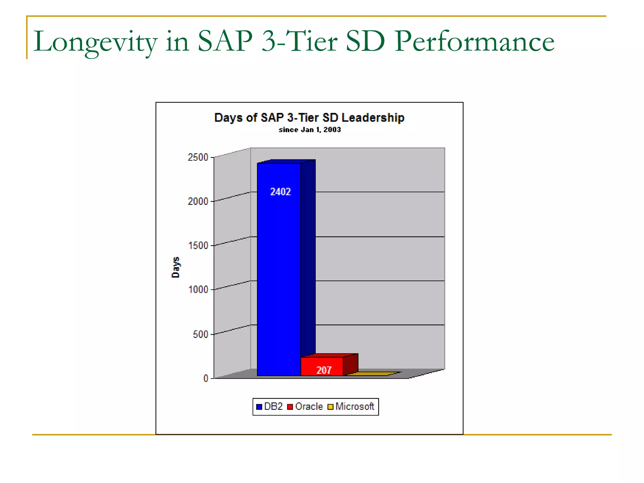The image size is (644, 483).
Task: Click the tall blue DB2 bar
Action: coord(279,270)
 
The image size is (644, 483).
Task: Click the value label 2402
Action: coord(280,192)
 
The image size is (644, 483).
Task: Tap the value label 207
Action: coord(324,370)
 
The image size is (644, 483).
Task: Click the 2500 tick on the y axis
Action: coord(198,157)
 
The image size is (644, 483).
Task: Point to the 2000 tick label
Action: coord(198,201)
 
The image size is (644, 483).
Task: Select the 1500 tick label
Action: coord(198,245)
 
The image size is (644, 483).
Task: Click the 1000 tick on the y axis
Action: coord(198,289)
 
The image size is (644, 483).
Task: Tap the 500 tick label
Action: coord(200,334)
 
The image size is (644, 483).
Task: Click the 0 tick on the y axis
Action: coord(206,378)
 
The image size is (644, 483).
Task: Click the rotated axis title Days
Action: coord(175,267)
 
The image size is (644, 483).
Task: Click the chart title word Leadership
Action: coord(373,118)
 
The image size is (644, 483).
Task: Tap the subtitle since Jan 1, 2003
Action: coord(309,130)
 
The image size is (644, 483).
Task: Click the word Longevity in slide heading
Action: coord(95,42)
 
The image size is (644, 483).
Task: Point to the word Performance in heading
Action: coord(474,42)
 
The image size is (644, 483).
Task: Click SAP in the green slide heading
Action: coord(225,42)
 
